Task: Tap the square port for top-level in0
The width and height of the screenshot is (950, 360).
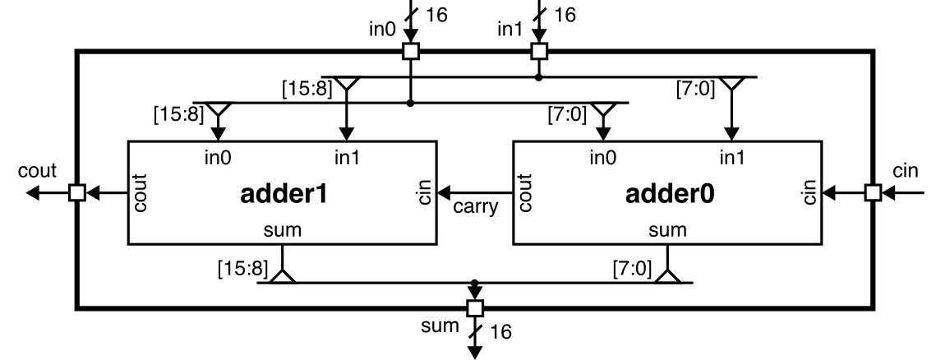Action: coord(411,52)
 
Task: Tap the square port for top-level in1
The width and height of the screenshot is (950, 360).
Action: coord(538,52)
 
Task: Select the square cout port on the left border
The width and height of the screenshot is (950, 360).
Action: coord(76,193)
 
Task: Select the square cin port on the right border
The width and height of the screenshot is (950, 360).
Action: coord(872,193)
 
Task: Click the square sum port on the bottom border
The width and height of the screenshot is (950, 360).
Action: coord(474,308)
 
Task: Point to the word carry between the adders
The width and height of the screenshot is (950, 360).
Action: coord(476,206)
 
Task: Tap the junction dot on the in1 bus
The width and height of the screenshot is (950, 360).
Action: coord(538,77)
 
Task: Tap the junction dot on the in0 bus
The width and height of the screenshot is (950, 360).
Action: coord(411,104)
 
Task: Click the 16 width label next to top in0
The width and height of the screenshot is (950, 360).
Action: coord(437,16)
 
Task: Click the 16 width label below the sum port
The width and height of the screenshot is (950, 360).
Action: coord(500,332)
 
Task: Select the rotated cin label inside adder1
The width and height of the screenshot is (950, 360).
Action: coord(424,193)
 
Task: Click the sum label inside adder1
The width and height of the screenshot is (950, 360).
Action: coord(281,231)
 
